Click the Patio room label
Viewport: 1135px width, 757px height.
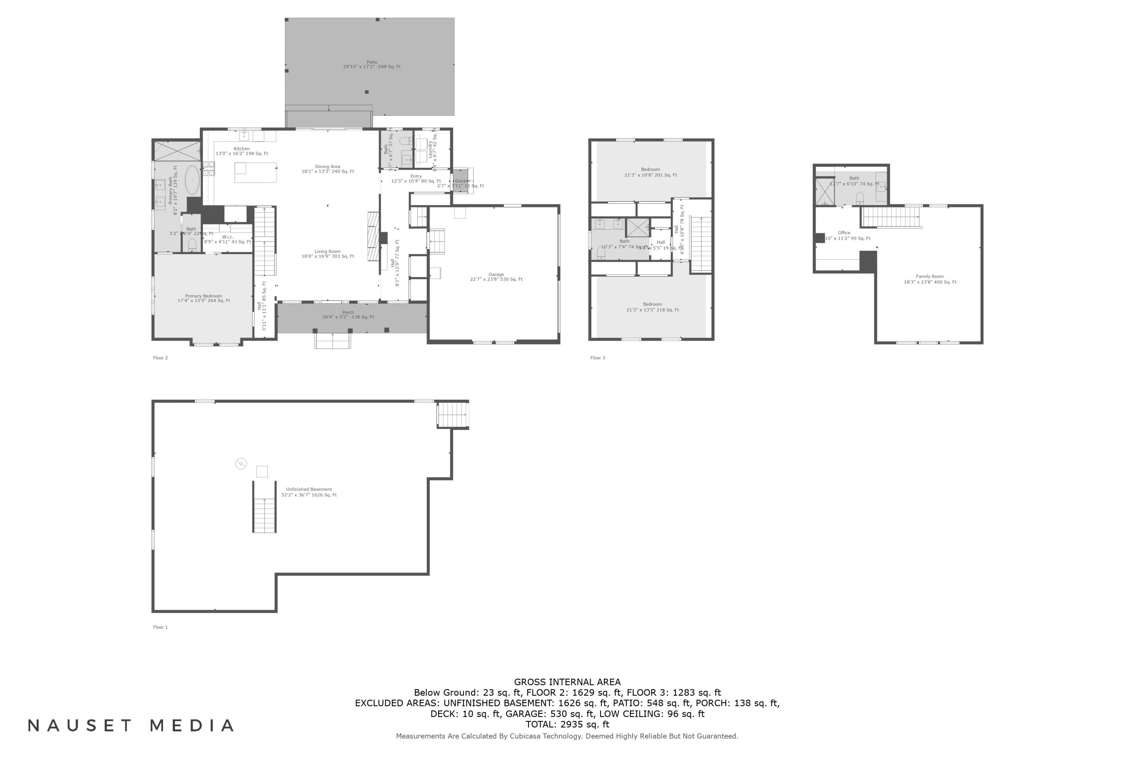[372, 64]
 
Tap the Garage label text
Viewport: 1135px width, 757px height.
[496, 277]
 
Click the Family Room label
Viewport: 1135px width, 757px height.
[930, 279]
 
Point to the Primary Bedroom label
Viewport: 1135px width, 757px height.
[204, 298]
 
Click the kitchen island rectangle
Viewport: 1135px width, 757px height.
[255, 172]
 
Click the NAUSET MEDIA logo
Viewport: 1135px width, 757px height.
[131, 725]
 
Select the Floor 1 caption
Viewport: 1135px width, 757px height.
[160, 627]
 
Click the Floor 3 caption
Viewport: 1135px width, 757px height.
[597, 358]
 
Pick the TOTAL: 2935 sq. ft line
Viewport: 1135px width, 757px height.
[567, 724]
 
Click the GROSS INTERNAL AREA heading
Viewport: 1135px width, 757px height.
[567, 682]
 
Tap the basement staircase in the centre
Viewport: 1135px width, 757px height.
[264, 507]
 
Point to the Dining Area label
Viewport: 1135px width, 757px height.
[328, 169]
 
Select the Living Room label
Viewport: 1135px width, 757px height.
[328, 254]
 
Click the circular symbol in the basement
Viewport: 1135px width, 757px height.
[241, 463]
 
